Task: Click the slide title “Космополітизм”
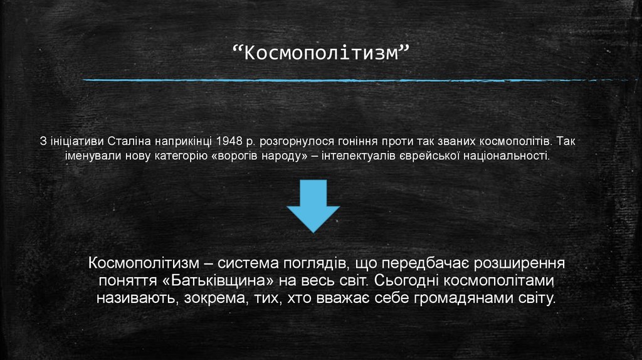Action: click(320, 54)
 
